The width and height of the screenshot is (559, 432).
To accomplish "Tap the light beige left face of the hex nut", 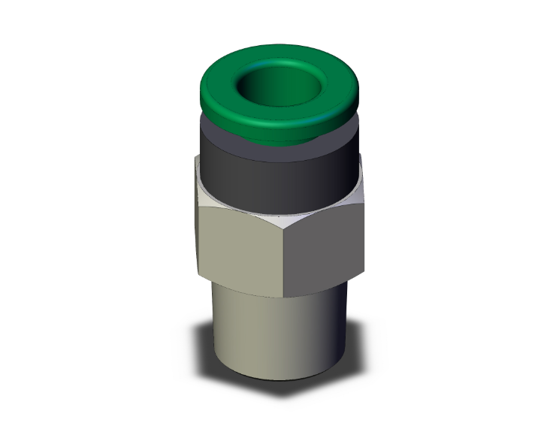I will tap(240, 244).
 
